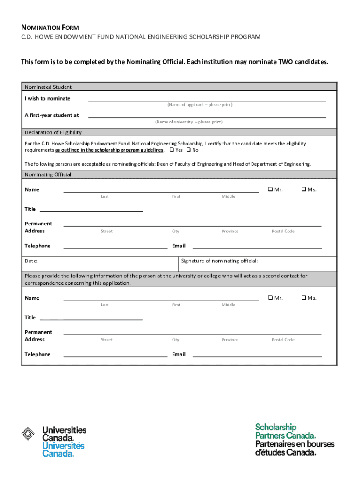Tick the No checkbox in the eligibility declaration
(188, 150)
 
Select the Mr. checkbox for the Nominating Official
(270, 189)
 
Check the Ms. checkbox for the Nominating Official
(303, 189)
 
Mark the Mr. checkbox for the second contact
(270, 298)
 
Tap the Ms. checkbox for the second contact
(303, 298)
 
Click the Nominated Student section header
(48, 87)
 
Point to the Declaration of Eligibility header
(53, 132)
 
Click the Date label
(31, 261)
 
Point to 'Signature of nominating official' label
(219, 261)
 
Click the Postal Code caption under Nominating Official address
(283, 232)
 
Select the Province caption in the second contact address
(230, 340)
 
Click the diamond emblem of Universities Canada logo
(29, 434)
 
